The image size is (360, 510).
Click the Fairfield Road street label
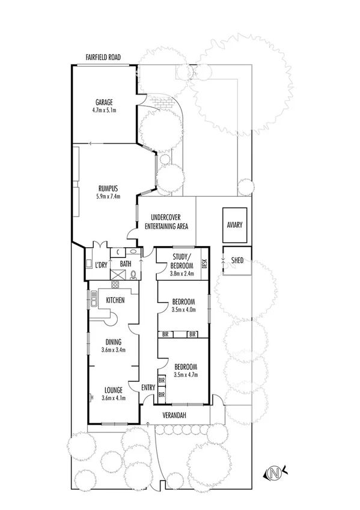click(x=103, y=57)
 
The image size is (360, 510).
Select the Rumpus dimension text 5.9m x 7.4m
click(x=109, y=196)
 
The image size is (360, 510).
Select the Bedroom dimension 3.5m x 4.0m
click(x=183, y=309)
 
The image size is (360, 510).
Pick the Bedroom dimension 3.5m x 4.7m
click(x=186, y=374)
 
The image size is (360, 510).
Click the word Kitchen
click(x=115, y=300)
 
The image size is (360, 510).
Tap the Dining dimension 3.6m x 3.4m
click(x=113, y=349)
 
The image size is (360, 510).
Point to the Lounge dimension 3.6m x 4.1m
click(x=113, y=398)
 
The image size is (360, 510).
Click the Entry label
click(x=148, y=387)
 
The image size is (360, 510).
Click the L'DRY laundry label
click(x=101, y=264)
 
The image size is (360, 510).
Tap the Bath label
click(x=126, y=263)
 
